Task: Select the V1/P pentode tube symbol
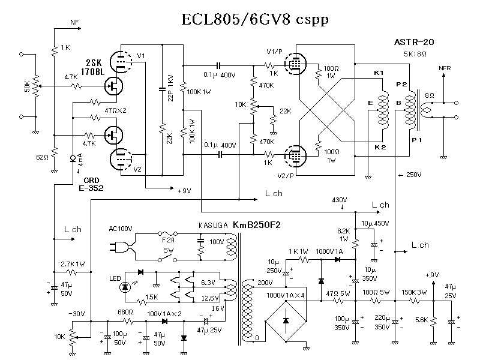point(295,63)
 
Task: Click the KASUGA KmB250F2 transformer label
point(239,224)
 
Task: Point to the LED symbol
point(125,287)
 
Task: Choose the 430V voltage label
point(340,200)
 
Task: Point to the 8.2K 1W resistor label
point(344,234)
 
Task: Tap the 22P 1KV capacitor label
point(172,89)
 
